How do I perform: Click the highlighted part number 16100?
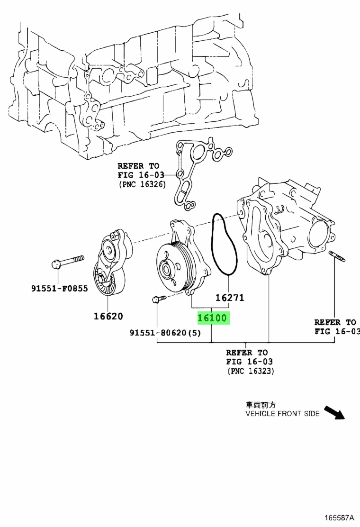[212, 318]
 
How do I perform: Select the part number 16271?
[229, 298]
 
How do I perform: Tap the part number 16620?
[108, 317]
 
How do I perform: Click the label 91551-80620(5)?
[165, 333]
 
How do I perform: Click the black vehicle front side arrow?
[334, 412]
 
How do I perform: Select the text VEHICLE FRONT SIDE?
[282, 413]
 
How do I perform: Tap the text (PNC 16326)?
[142, 184]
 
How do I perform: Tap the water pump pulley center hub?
[166, 269]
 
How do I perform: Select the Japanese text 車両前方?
[261, 405]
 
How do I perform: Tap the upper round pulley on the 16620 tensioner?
[109, 251]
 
